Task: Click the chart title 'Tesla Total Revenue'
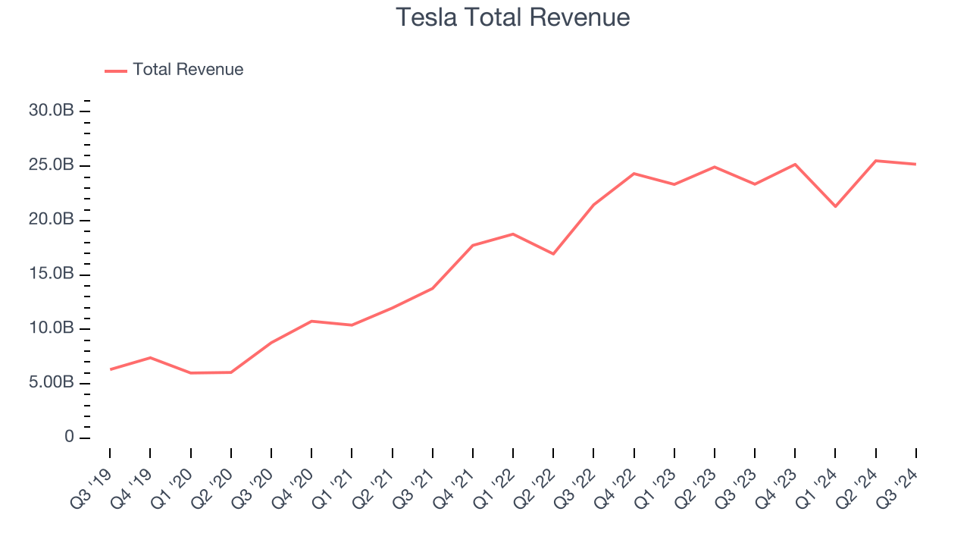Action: [x=513, y=17]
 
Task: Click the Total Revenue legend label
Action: [x=188, y=70]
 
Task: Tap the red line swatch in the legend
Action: [x=116, y=71]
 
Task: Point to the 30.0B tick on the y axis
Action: [x=52, y=111]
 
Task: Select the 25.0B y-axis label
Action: [x=52, y=165]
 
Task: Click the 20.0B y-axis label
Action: [x=52, y=220]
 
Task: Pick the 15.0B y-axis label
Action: [x=52, y=275]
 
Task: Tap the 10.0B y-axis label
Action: [x=52, y=329]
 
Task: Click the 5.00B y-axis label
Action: [x=52, y=384]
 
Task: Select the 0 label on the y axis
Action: [x=70, y=438]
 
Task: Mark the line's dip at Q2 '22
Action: [x=553, y=253]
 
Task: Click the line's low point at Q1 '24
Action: [x=835, y=206]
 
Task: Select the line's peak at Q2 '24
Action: [x=876, y=161]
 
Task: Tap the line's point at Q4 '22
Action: [x=634, y=174]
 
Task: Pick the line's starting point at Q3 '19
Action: [x=111, y=369]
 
